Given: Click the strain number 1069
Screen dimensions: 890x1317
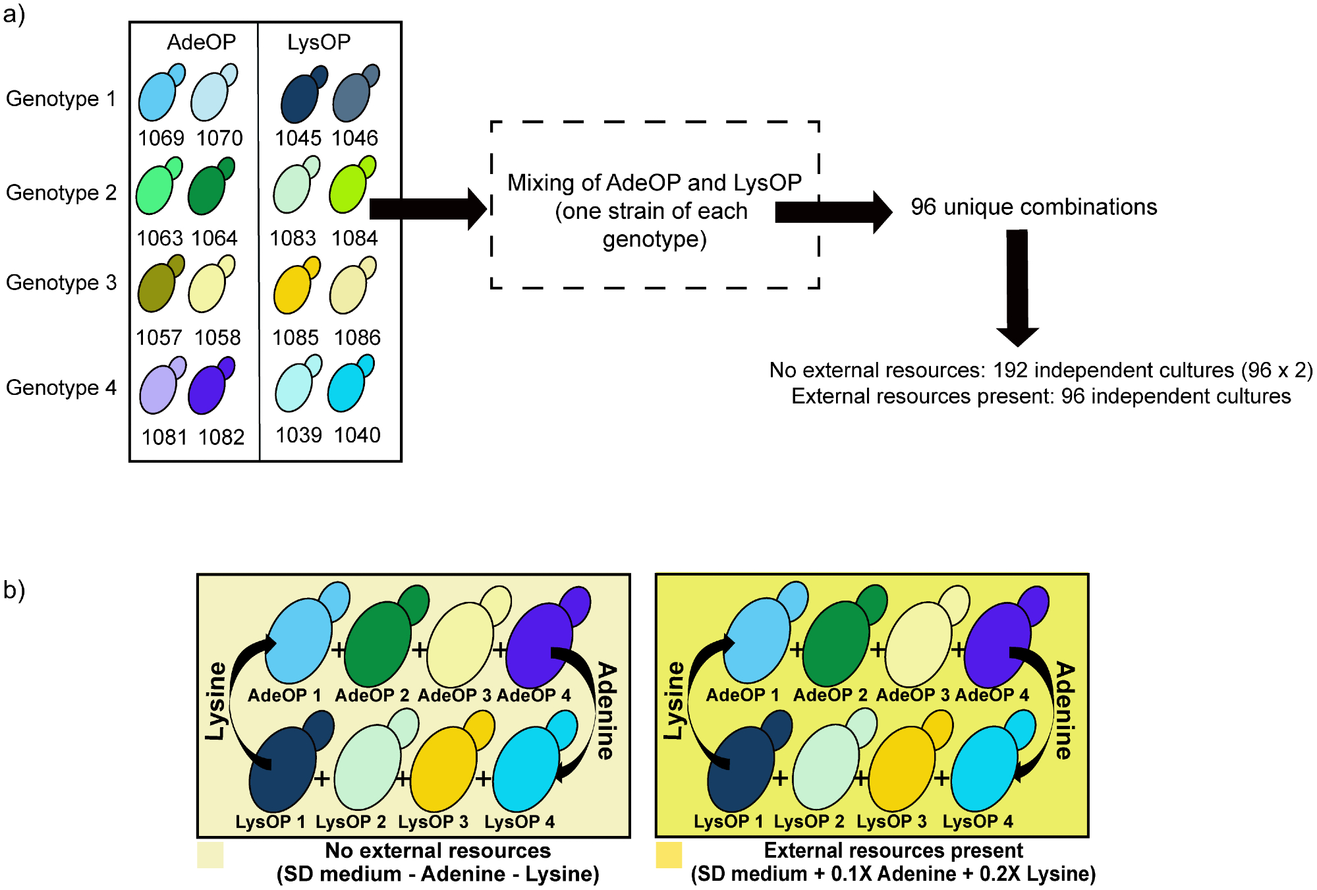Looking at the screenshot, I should click(x=161, y=138).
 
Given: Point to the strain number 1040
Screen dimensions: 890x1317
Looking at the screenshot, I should click(x=357, y=435).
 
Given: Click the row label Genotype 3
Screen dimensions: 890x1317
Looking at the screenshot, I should click(x=61, y=283).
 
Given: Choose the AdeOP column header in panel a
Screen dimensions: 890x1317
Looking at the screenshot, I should click(x=201, y=42).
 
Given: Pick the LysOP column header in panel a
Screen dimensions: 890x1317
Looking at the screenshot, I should click(x=319, y=42).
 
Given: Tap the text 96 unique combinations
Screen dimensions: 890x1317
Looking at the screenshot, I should click(x=1034, y=207).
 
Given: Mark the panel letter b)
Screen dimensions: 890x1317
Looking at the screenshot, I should click(x=14, y=589).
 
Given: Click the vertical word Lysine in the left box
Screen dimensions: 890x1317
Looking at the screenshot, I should click(x=215, y=701).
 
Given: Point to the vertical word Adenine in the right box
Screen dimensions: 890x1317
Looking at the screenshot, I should click(x=1065, y=711).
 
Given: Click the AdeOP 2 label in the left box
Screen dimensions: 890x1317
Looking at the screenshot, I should click(x=372, y=696).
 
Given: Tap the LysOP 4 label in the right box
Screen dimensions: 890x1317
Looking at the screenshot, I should click(x=978, y=822).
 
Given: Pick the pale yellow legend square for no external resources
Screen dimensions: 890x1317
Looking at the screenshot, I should click(x=210, y=855).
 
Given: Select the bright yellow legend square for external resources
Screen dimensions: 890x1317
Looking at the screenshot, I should click(x=669, y=855).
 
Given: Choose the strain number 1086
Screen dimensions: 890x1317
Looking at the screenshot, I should click(x=357, y=338).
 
